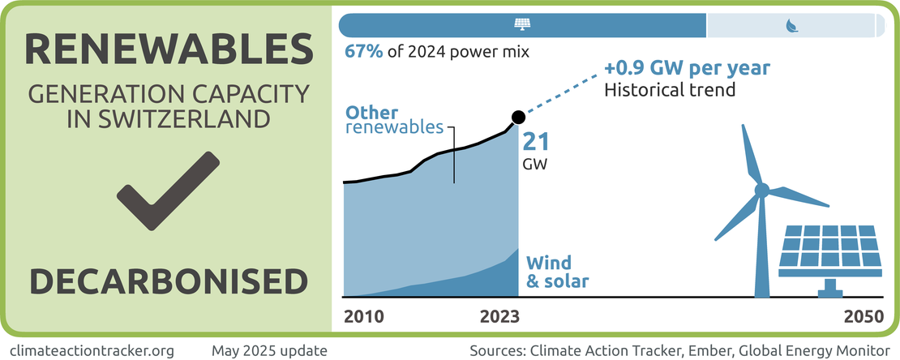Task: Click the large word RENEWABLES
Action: [169, 50]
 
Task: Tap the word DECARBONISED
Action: [169, 281]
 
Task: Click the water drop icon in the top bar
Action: [791, 26]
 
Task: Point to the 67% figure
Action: [362, 53]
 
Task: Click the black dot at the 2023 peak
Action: [519, 118]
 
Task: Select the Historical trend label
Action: [670, 89]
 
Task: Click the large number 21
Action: [536, 141]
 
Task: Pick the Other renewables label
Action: [395, 119]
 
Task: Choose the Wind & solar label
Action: [557, 272]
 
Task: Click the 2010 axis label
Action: [364, 316]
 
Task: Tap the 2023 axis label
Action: [499, 316]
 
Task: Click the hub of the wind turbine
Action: [761, 191]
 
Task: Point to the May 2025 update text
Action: [269, 350]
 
